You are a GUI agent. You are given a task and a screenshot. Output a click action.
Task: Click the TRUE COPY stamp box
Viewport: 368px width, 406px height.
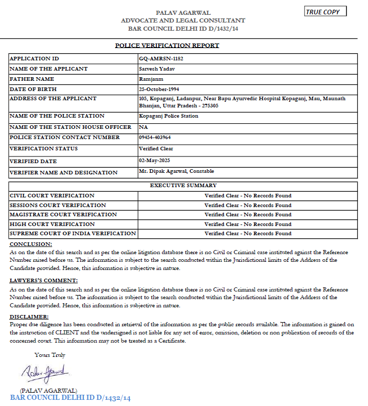click(x=325, y=12)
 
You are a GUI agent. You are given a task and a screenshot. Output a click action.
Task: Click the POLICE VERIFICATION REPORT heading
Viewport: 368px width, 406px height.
click(x=167, y=46)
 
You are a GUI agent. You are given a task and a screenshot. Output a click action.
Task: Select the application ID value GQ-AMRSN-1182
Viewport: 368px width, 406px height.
click(x=161, y=58)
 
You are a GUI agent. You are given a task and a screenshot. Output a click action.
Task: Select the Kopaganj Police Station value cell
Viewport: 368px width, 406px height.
click(x=169, y=116)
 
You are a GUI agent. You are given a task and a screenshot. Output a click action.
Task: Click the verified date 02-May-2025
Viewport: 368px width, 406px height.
click(x=154, y=160)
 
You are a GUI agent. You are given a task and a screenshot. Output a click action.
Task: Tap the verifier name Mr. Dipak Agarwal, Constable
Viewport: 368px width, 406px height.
click(x=176, y=171)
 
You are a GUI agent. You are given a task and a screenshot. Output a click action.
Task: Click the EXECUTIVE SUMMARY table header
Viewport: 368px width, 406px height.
click(x=183, y=185)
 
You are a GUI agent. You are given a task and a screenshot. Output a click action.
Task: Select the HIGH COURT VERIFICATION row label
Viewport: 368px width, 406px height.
click(x=52, y=224)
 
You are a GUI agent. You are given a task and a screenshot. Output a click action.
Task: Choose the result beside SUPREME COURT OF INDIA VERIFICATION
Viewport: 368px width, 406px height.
click(x=248, y=234)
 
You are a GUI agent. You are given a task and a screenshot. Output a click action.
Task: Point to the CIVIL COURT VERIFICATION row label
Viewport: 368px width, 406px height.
click(x=52, y=195)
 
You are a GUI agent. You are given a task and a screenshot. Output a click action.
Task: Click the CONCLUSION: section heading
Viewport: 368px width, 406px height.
click(x=31, y=244)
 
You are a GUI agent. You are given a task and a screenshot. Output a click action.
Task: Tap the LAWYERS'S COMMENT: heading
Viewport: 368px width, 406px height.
click(x=44, y=280)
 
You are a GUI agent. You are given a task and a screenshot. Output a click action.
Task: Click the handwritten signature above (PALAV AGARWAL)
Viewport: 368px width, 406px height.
click(x=46, y=372)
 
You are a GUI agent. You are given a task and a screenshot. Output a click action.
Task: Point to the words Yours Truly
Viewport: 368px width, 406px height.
click(x=50, y=355)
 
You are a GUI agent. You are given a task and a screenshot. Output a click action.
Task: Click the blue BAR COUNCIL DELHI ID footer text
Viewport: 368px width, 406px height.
click(x=71, y=398)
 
